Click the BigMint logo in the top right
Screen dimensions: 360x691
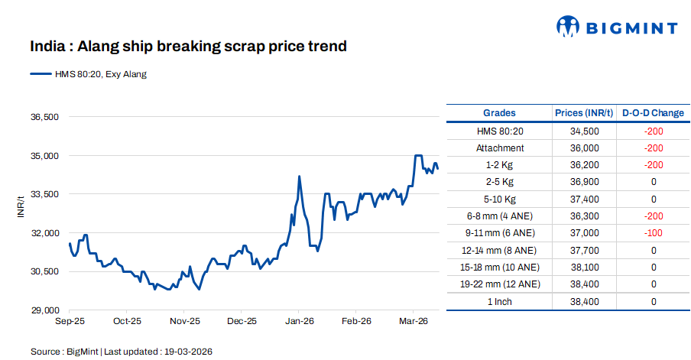(x=616, y=28)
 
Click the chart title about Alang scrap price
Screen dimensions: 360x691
(x=189, y=47)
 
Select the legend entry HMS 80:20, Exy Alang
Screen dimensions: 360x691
(x=89, y=74)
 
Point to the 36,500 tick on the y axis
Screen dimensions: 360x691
(x=44, y=118)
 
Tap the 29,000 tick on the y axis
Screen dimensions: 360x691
(x=44, y=310)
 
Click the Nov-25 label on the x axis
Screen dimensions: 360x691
(x=184, y=322)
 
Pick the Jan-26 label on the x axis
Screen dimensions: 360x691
(x=299, y=322)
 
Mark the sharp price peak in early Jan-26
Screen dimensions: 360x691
(x=299, y=177)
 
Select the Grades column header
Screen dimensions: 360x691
(x=499, y=113)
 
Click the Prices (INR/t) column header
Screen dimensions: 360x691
(x=584, y=113)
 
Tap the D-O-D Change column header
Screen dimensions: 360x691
(x=653, y=113)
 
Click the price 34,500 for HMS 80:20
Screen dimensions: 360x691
(x=584, y=131)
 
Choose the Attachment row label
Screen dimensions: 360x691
(x=499, y=148)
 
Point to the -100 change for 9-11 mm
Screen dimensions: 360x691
(x=653, y=233)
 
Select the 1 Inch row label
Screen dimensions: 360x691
(x=499, y=302)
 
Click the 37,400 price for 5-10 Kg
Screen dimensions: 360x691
(x=584, y=199)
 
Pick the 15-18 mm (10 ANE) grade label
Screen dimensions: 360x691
(x=499, y=268)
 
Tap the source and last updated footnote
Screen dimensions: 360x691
(x=121, y=352)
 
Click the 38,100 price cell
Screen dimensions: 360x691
(x=584, y=268)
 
